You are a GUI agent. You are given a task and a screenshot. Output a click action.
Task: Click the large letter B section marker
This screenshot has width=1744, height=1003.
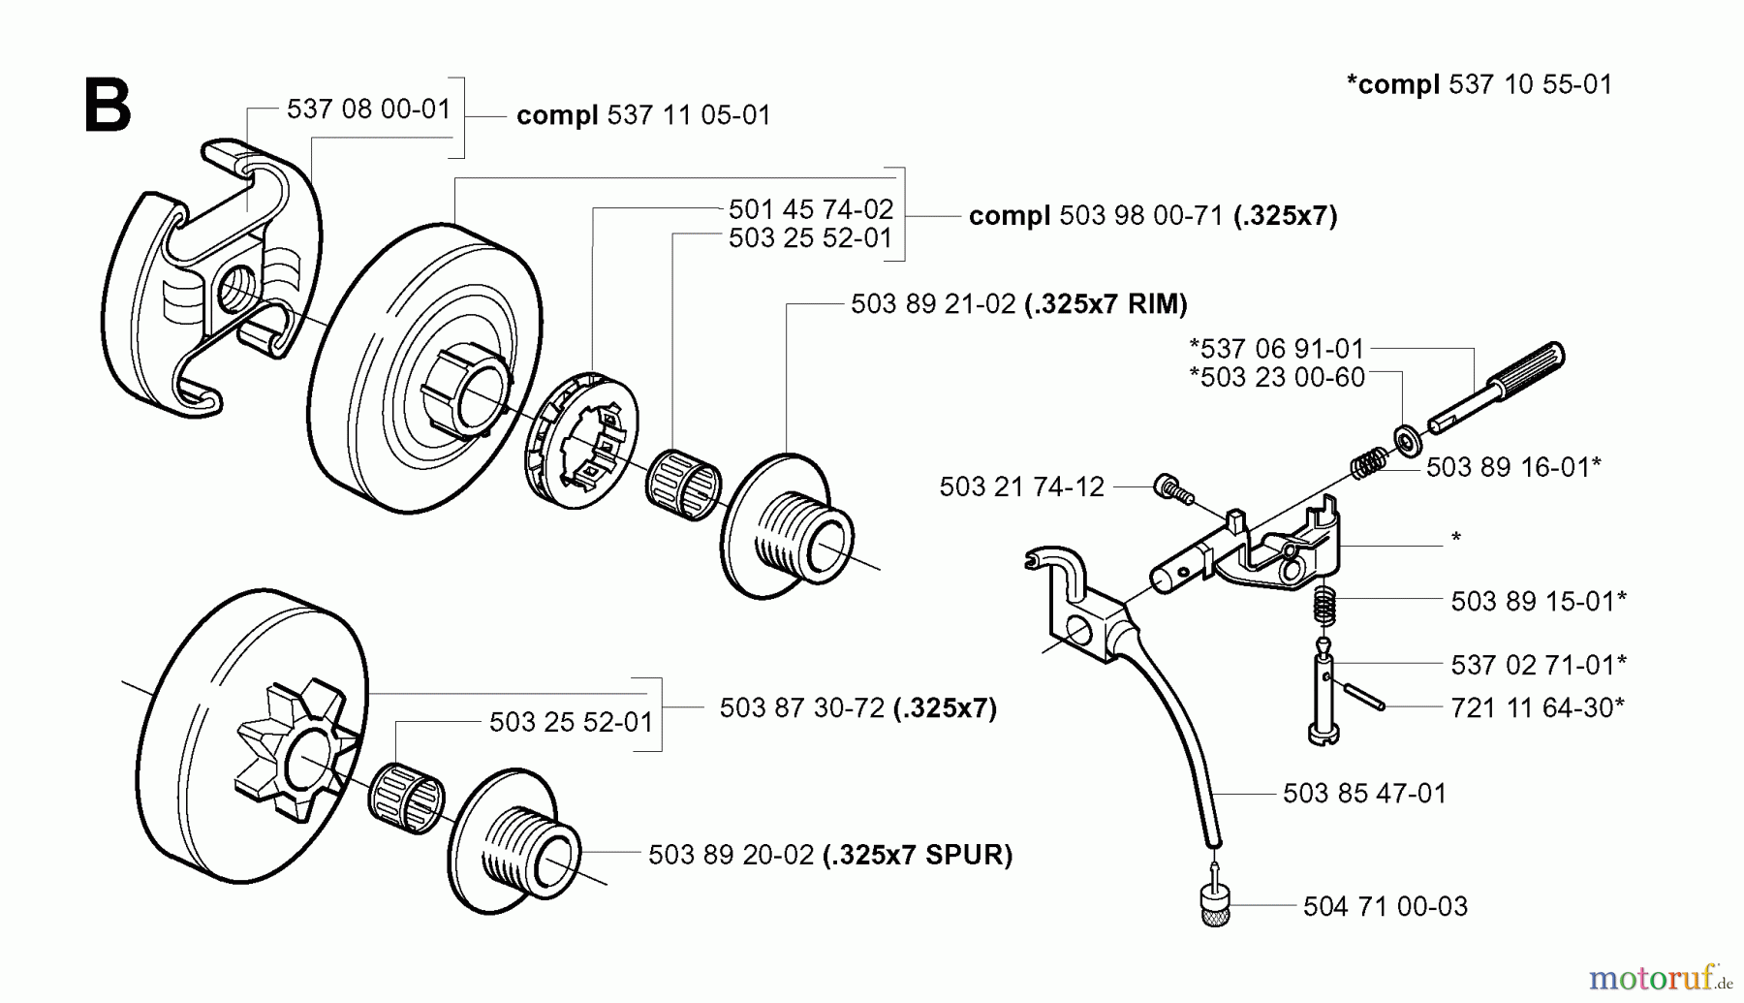coord(107,107)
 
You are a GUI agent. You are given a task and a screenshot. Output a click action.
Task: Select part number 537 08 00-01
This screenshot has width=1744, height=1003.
coord(368,109)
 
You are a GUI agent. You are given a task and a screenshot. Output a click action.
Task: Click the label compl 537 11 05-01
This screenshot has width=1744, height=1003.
coord(643,115)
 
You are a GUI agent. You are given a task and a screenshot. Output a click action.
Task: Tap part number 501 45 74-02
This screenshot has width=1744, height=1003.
coord(810,209)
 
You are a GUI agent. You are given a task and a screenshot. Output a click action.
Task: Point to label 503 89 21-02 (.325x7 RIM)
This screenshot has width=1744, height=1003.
coord(1018,304)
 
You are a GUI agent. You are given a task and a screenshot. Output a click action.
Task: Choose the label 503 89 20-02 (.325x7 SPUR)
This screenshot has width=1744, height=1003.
coord(829,855)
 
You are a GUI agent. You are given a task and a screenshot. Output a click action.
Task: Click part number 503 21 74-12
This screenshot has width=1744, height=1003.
coord(1021,486)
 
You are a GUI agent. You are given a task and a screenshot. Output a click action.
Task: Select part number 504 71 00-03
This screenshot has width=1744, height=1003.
coord(1385,907)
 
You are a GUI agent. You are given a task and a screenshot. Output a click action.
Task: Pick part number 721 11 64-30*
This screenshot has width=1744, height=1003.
coord(1537,707)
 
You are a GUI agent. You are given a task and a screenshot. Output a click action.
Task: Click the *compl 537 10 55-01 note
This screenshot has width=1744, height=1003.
coord(1479,84)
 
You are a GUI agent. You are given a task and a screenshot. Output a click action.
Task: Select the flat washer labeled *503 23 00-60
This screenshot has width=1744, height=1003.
coord(1406,439)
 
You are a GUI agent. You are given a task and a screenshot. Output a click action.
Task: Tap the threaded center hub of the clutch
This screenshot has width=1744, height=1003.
coord(235,289)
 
